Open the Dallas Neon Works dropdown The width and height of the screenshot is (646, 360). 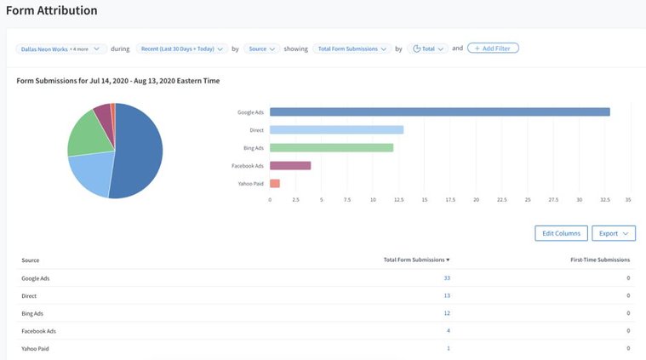point(60,49)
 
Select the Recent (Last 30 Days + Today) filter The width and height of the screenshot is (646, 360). point(180,49)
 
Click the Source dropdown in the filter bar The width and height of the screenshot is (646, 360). point(261,49)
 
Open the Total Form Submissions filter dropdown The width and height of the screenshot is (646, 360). point(352,49)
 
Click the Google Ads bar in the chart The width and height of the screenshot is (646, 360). point(439,111)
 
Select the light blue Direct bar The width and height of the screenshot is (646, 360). point(336,129)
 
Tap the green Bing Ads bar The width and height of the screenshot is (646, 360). point(331,147)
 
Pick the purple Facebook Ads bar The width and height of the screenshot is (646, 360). point(290,165)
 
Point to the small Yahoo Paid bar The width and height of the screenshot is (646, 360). point(275,183)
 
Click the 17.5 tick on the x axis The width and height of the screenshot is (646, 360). point(450,201)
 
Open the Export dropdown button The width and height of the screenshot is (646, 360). point(614,233)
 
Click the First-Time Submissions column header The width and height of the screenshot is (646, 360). point(600,260)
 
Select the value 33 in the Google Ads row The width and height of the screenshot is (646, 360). point(447,277)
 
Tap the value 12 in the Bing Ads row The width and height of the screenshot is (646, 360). point(447,313)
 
